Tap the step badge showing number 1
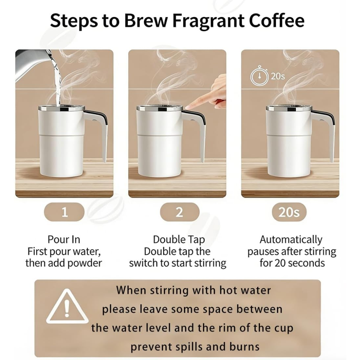(64, 212)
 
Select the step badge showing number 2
(179, 212)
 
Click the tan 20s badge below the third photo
(289, 212)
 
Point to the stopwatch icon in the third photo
(259, 76)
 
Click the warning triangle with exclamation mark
(67, 307)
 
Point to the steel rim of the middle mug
(159, 108)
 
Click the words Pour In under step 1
(64, 239)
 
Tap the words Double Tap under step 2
(179, 239)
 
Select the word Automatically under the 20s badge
(291, 239)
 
